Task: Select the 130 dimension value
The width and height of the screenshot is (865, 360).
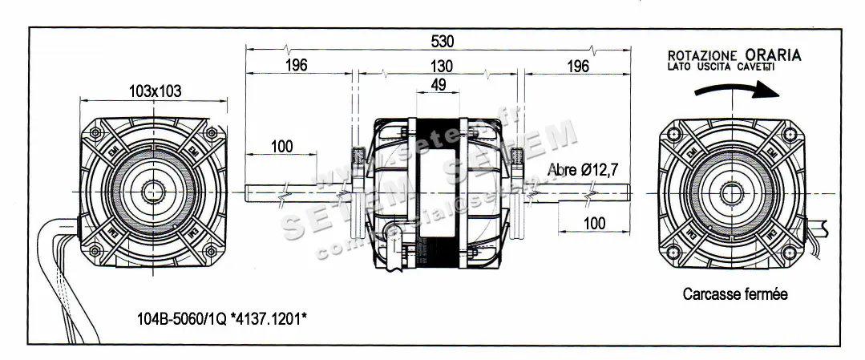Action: (x=441, y=66)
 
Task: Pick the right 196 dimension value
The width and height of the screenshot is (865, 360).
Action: (x=577, y=66)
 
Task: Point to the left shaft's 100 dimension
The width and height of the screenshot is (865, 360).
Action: (x=281, y=146)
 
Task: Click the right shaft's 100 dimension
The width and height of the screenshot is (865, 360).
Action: (x=594, y=223)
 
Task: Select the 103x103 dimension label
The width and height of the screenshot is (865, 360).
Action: (x=155, y=91)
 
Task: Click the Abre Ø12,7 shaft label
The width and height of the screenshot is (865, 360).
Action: (x=583, y=170)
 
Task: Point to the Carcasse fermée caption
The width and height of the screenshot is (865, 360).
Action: (x=735, y=294)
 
